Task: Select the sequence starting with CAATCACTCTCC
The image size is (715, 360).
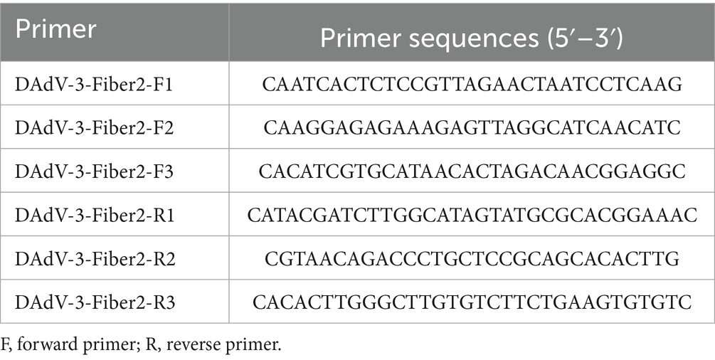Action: [x=472, y=85]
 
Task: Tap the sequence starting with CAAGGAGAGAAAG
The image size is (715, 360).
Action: [x=472, y=129]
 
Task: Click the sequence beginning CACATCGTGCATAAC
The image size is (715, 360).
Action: [x=472, y=172]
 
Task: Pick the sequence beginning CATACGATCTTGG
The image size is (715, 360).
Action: [x=472, y=216]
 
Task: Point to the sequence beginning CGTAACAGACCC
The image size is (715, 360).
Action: [x=472, y=259]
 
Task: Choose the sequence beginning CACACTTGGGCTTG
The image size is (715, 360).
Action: [x=472, y=302]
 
